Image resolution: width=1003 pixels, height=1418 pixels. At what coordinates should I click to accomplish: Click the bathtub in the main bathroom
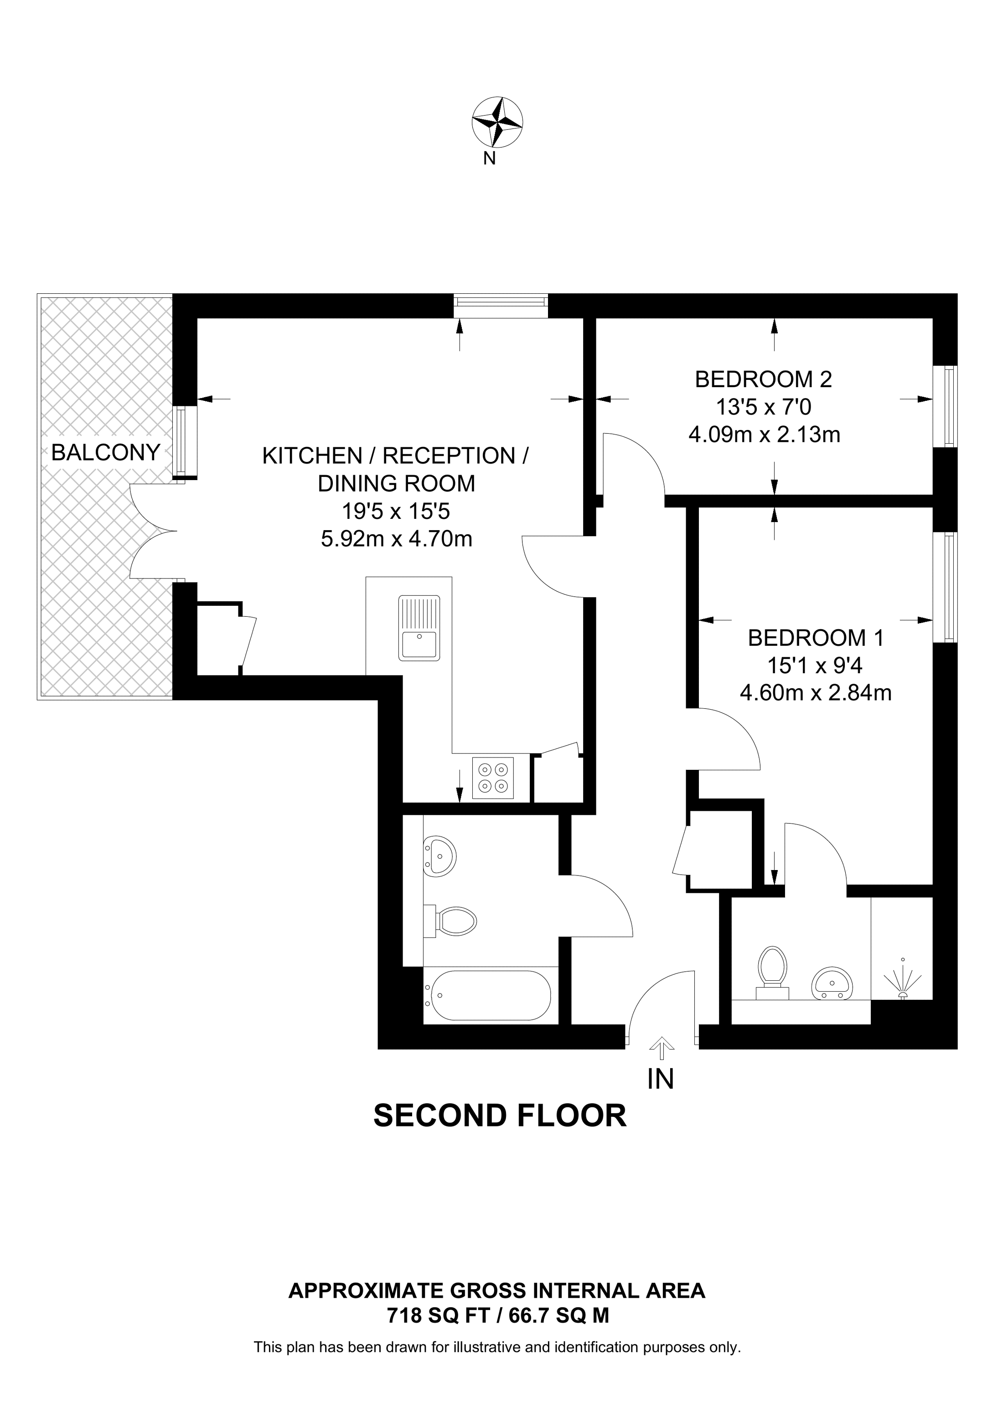(490, 996)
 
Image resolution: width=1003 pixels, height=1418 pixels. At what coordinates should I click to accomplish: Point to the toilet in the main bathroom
(454, 921)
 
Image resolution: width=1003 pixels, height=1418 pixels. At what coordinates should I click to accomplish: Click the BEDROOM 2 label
(763, 379)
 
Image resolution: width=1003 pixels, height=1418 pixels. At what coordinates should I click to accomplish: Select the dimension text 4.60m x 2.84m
(815, 693)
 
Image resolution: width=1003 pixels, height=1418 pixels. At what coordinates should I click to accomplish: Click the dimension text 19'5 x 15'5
(396, 512)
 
